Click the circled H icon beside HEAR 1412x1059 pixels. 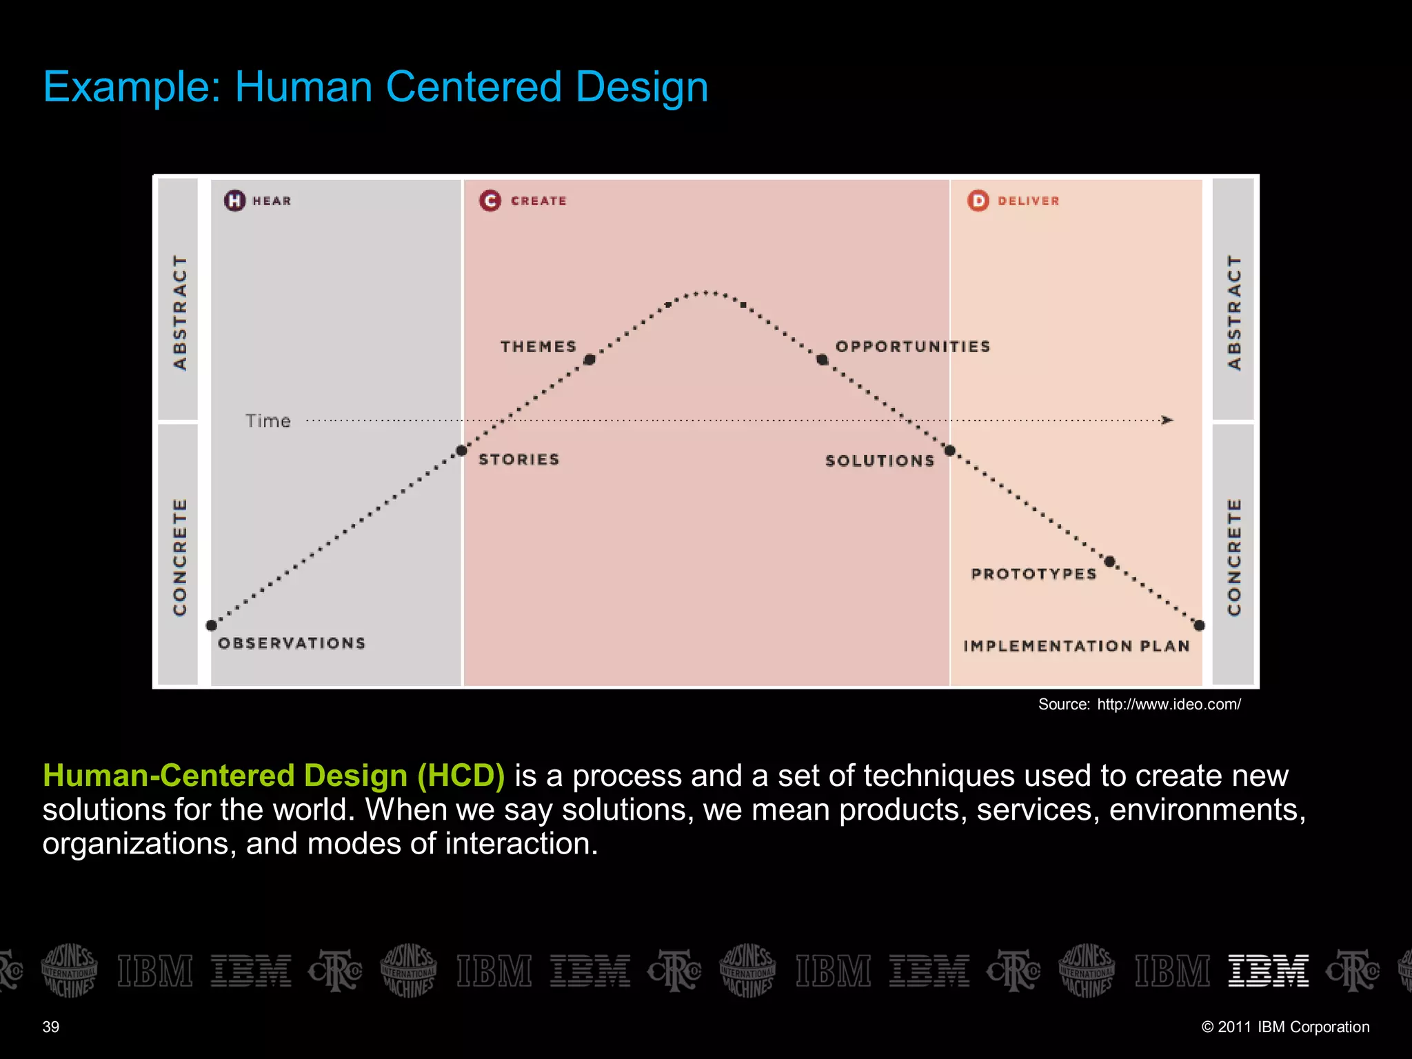(234, 201)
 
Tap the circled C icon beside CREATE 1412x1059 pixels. (490, 201)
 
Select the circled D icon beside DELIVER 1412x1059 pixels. (978, 201)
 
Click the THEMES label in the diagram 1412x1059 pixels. (538, 346)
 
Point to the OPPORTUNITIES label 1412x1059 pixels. (913, 346)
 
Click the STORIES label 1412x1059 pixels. (518, 459)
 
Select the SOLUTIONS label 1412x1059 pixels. (880, 461)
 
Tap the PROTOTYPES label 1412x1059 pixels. (1033, 574)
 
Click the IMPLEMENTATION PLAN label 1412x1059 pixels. (1076, 646)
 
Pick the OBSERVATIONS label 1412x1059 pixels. (292, 643)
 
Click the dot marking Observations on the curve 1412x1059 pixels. (212, 625)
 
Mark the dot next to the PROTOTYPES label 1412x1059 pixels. (1109, 561)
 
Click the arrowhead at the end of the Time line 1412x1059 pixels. (1167, 420)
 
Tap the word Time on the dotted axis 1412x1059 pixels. (268, 421)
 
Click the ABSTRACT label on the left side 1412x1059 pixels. (179, 312)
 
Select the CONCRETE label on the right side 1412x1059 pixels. (1234, 556)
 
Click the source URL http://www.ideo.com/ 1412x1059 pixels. (1169, 704)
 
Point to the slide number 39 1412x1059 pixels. (51, 1027)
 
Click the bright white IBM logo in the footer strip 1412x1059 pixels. (1268, 971)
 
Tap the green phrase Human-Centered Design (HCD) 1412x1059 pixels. (274, 776)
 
